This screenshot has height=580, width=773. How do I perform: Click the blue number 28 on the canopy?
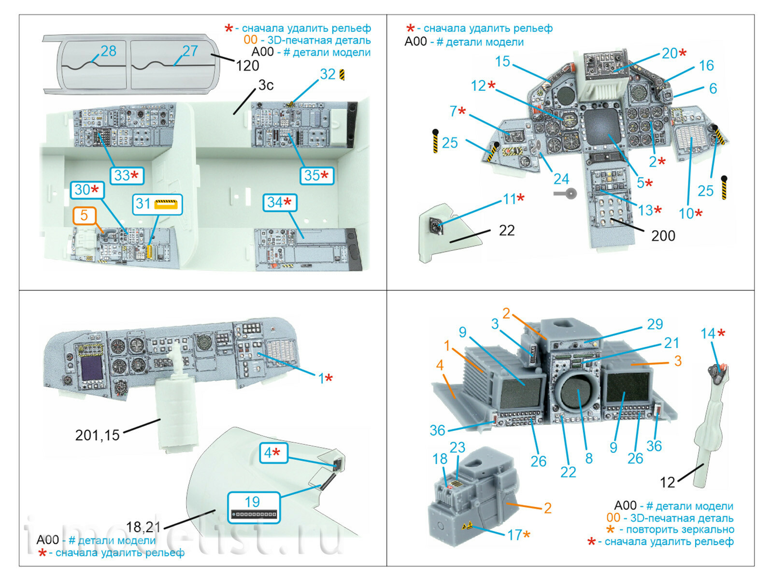(108, 51)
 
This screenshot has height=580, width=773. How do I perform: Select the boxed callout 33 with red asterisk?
(127, 175)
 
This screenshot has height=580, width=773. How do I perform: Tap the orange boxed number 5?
(84, 216)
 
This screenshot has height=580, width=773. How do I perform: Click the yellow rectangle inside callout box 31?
(166, 204)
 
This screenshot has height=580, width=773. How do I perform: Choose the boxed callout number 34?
(280, 203)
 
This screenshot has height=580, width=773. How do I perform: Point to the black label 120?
(247, 66)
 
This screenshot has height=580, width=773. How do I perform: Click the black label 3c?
(266, 86)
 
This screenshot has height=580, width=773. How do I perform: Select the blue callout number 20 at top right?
(670, 53)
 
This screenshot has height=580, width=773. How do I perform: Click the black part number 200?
(663, 236)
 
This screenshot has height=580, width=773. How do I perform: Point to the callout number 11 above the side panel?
(510, 199)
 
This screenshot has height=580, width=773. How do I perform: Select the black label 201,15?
(97, 435)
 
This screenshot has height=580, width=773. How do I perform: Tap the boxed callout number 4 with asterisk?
(272, 453)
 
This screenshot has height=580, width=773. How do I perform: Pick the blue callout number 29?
(655, 324)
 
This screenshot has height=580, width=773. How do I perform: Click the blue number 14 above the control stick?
(708, 333)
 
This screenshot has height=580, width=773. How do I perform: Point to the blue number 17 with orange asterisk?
(515, 535)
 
